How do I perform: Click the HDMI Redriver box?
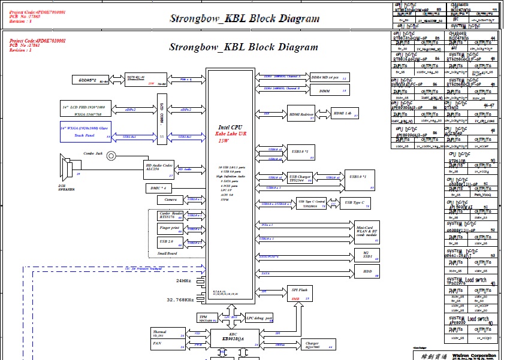301,114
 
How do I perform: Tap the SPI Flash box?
300,292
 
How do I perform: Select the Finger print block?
170,228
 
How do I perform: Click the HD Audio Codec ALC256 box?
159,169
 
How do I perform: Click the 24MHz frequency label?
183,281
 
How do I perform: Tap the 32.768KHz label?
180,300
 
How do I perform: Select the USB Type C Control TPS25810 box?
312,203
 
